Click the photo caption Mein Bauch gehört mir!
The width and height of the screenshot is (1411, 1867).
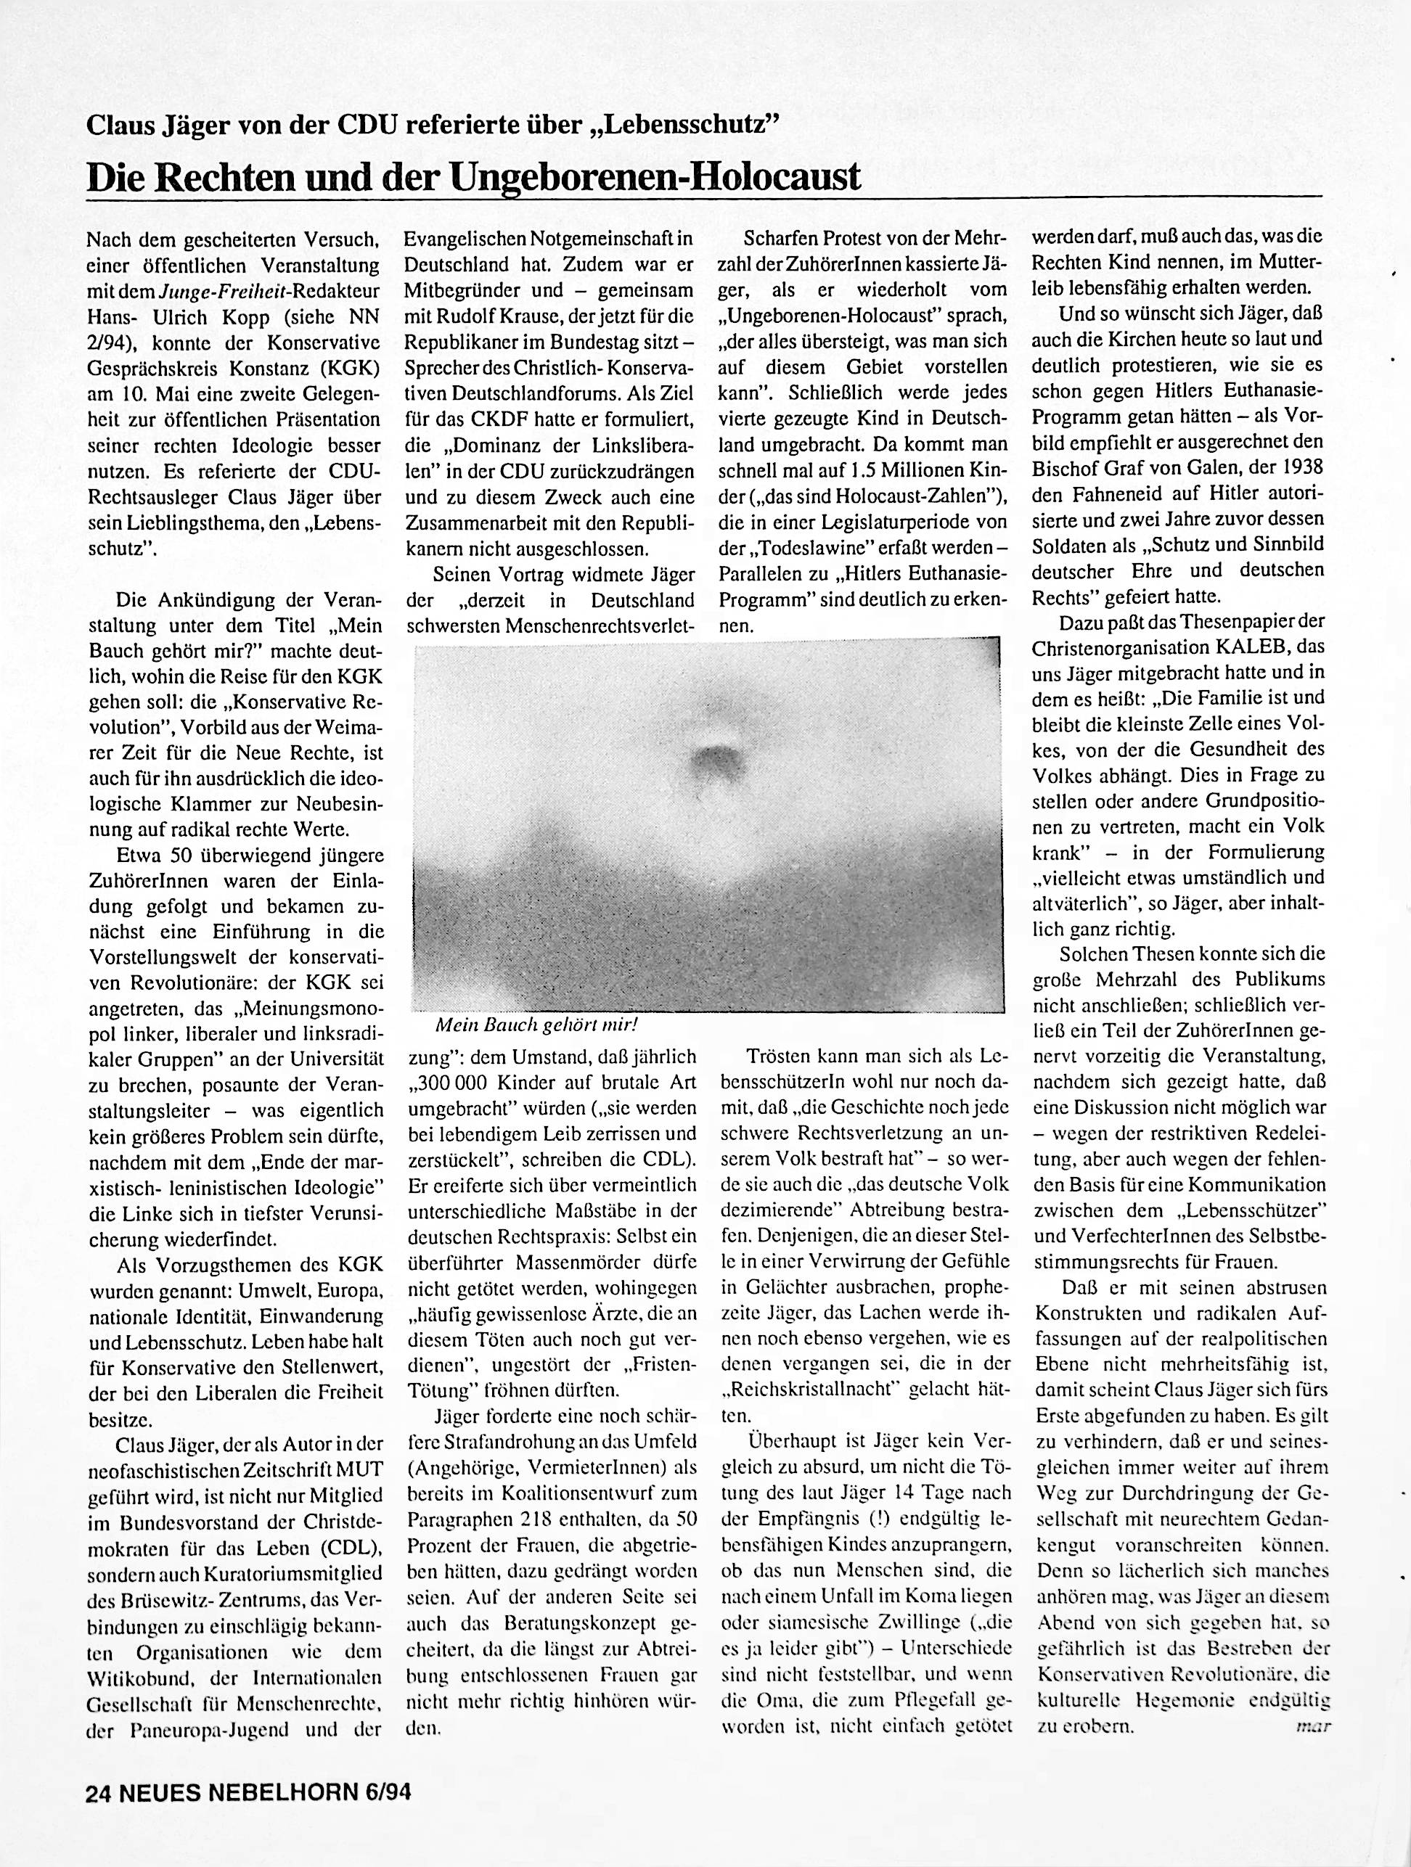[x=534, y=1025]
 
